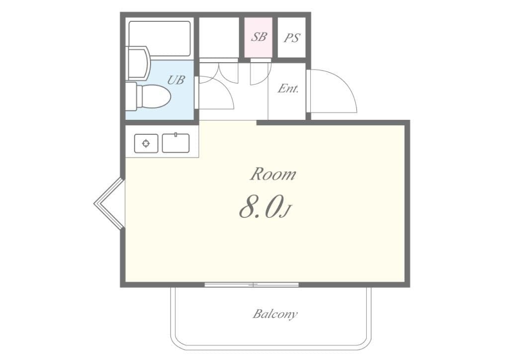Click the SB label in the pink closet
point(258,37)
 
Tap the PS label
point(291,38)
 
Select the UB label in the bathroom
point(176,80)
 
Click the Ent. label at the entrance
point(288,89)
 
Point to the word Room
point(273,175)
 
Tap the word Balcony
point(275,314)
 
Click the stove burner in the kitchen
point(146,143)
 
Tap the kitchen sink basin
point(175,143)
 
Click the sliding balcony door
point(252,285)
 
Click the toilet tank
point(131,96)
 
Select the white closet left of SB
point(219,37)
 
